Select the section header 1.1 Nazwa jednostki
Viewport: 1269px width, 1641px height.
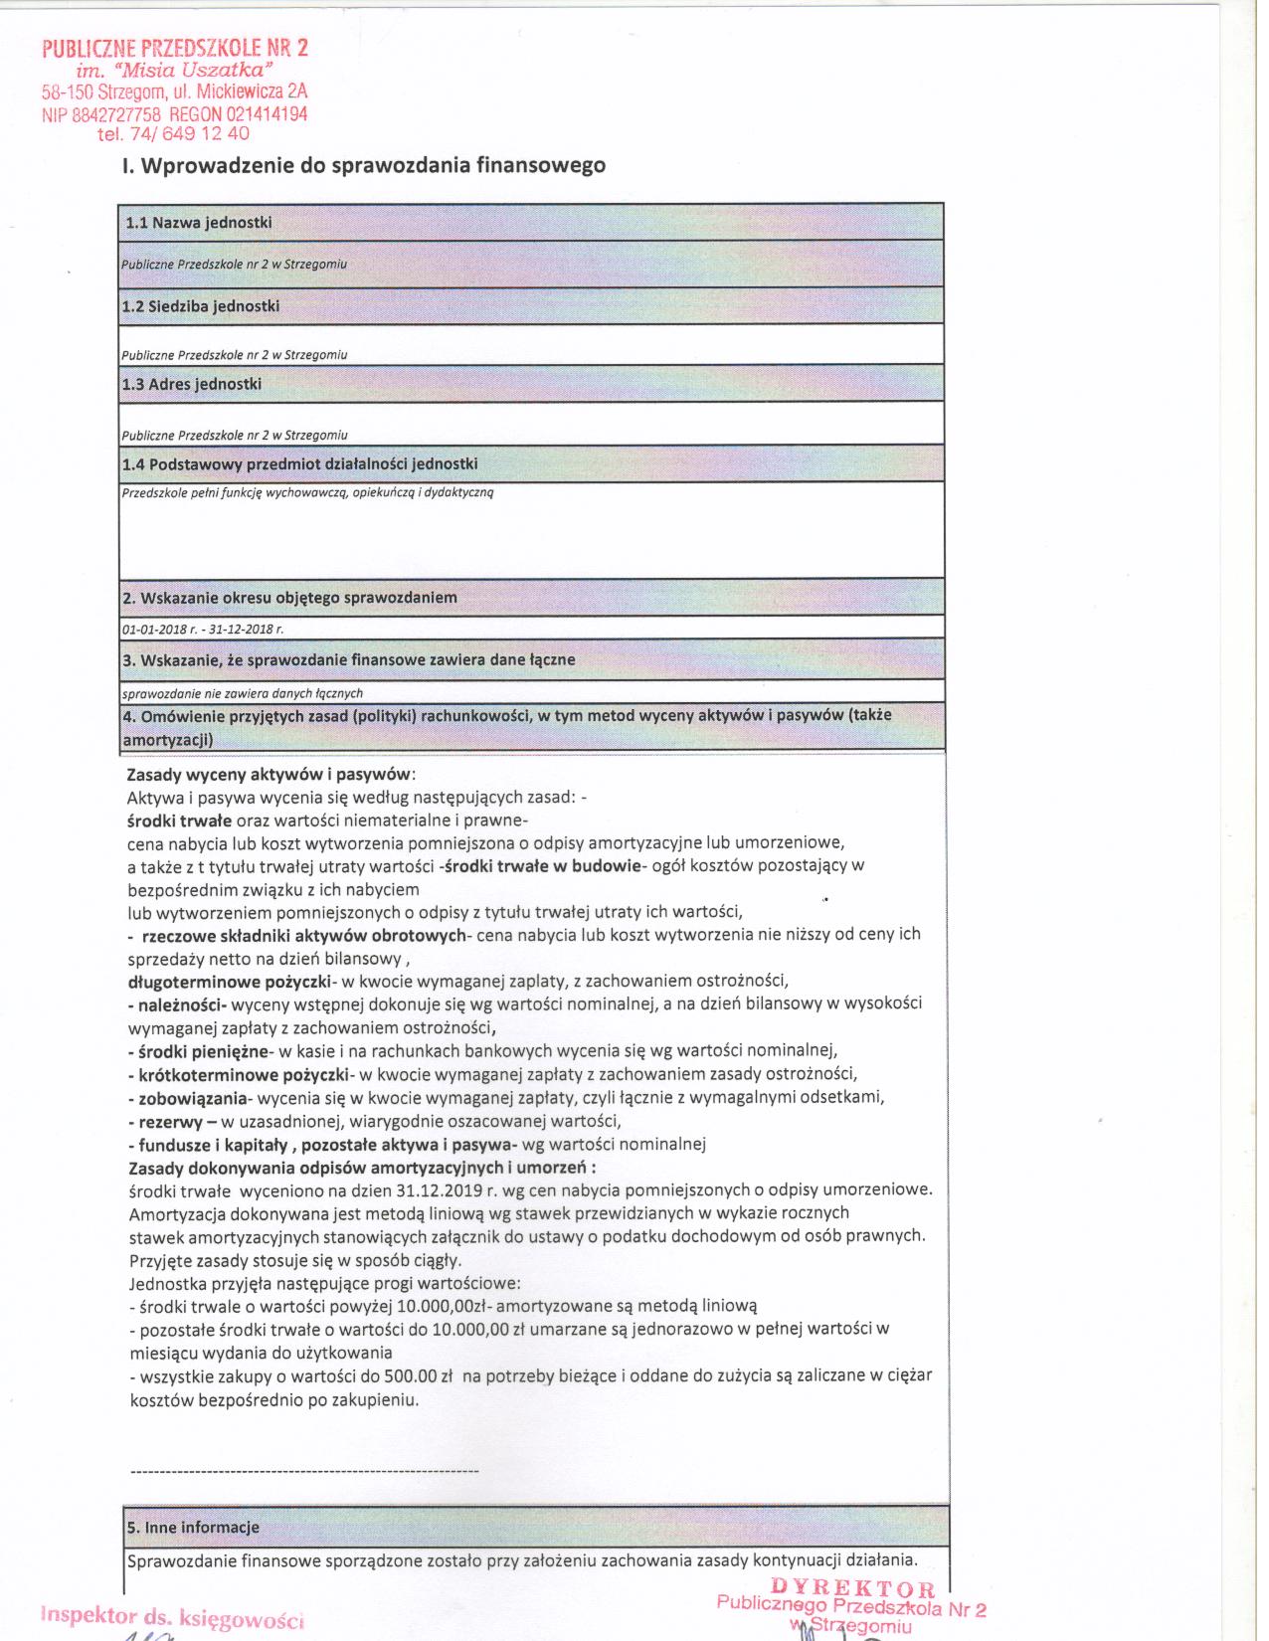199,223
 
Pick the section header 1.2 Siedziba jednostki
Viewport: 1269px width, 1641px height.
201,306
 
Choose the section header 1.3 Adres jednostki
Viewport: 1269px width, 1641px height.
192,384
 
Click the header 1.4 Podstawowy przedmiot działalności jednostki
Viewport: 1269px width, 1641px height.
299,464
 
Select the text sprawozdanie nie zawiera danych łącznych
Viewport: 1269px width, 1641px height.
242,693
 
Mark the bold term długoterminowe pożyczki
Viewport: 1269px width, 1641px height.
228,981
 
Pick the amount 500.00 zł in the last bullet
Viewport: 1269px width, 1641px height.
425,1376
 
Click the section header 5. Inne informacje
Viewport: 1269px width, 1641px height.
193,1527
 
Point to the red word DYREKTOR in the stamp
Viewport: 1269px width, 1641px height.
852,1588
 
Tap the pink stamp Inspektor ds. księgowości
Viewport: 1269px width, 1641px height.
171,1617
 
